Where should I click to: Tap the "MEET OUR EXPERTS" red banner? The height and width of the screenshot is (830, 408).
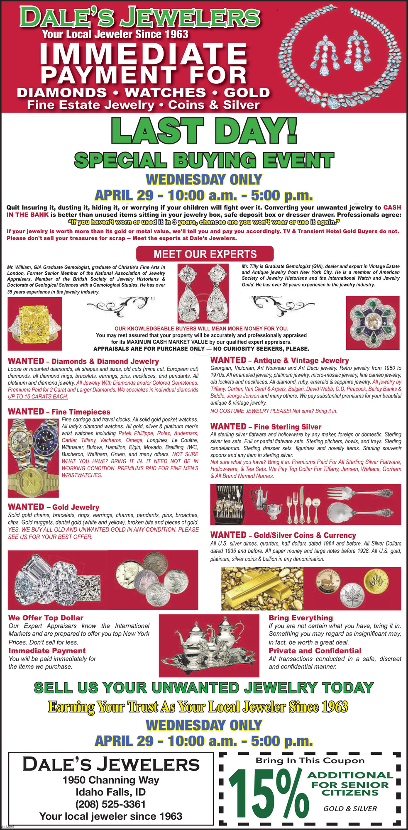[205, 254]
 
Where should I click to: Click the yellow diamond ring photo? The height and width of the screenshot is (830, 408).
[35, 320]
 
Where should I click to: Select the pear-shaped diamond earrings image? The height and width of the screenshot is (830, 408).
[203, 293]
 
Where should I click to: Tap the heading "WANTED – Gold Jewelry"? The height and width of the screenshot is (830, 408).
[54, 507]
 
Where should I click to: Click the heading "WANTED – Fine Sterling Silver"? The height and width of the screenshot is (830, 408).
[266, 427]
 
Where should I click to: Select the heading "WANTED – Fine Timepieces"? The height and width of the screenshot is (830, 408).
[59, 412]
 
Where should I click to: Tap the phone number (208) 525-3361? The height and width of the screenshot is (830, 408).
[110, 804]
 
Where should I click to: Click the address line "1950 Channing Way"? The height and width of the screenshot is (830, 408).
[110, 780]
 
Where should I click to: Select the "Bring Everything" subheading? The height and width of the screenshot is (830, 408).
[301, 618]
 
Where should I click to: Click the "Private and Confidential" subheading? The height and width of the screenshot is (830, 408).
[315, 651]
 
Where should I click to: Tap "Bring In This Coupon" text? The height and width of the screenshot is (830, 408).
[310, 760]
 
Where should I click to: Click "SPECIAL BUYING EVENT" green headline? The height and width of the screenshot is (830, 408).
[204, 161]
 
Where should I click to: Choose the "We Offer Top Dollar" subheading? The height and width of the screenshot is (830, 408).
[46, 618]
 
